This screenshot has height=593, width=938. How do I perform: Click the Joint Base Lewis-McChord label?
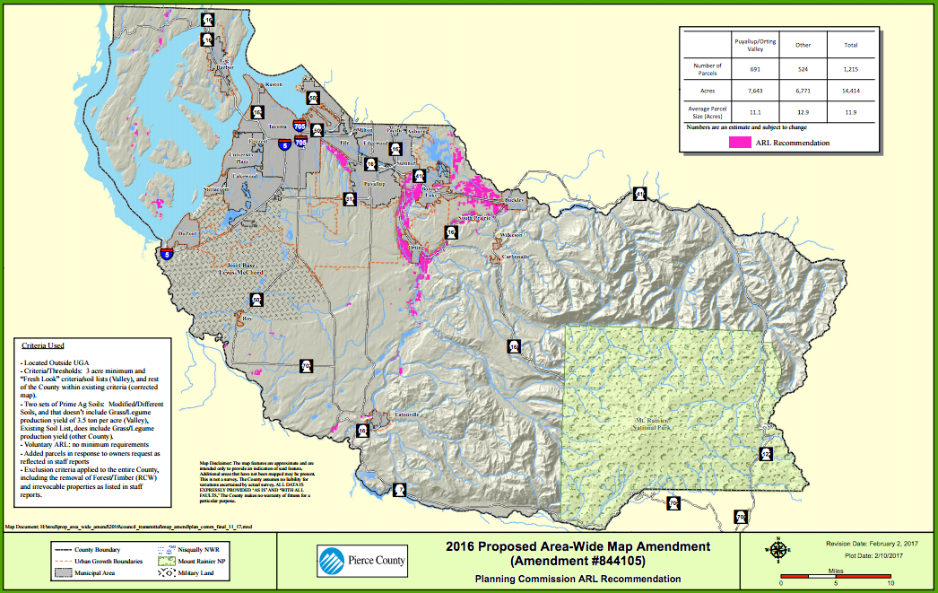pyautogui.click(x=239, y=270)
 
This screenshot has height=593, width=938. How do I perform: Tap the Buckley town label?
pyautogui.click(x=514, y=199)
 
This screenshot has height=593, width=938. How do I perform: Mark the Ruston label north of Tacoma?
pyautogui.click(x=274, y=83)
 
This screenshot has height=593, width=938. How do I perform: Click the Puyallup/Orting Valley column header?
pyautogui.click(x=755, y=44)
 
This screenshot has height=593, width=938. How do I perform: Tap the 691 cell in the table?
pyautogui.click(x=755, y=68)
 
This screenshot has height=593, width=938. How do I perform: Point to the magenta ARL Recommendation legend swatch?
pyautogui.click(x=738, y=142)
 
